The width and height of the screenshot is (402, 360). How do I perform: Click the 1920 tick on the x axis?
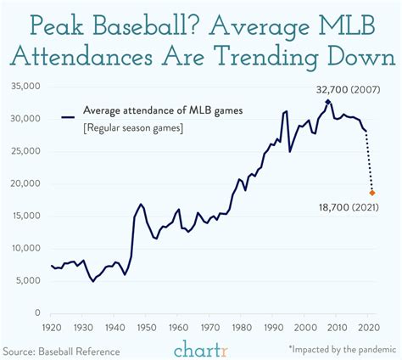tap(53, 327)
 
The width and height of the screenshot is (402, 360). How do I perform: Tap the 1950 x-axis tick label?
tap(145, 327)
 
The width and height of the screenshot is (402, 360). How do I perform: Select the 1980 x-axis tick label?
tap(240, 327)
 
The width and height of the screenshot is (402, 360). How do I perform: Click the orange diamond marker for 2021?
tap(371, 193)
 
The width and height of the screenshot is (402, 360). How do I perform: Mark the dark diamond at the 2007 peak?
tap(328, 101)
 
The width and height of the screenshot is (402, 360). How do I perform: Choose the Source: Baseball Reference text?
tap(60, 350)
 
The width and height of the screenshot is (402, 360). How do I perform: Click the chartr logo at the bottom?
tap(201, 348)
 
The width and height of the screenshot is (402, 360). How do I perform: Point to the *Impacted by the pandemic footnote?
tap(341, 350)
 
